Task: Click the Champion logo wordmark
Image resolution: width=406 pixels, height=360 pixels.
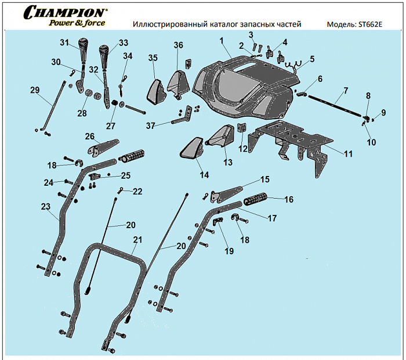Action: tap(65, 12)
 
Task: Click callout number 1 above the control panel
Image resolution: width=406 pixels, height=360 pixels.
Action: tap(221, 40)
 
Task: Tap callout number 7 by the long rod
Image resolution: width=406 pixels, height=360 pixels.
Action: tap(345, 91)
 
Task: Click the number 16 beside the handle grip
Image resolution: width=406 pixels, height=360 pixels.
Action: tap(288, 199)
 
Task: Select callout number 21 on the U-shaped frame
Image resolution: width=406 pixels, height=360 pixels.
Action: tap(137, 239)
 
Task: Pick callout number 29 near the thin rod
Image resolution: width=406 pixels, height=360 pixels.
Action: tap(34, 89)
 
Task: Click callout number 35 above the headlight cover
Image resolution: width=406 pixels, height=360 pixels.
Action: tap(153, 57)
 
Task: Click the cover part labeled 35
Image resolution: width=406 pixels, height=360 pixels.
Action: tap(155, 90)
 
